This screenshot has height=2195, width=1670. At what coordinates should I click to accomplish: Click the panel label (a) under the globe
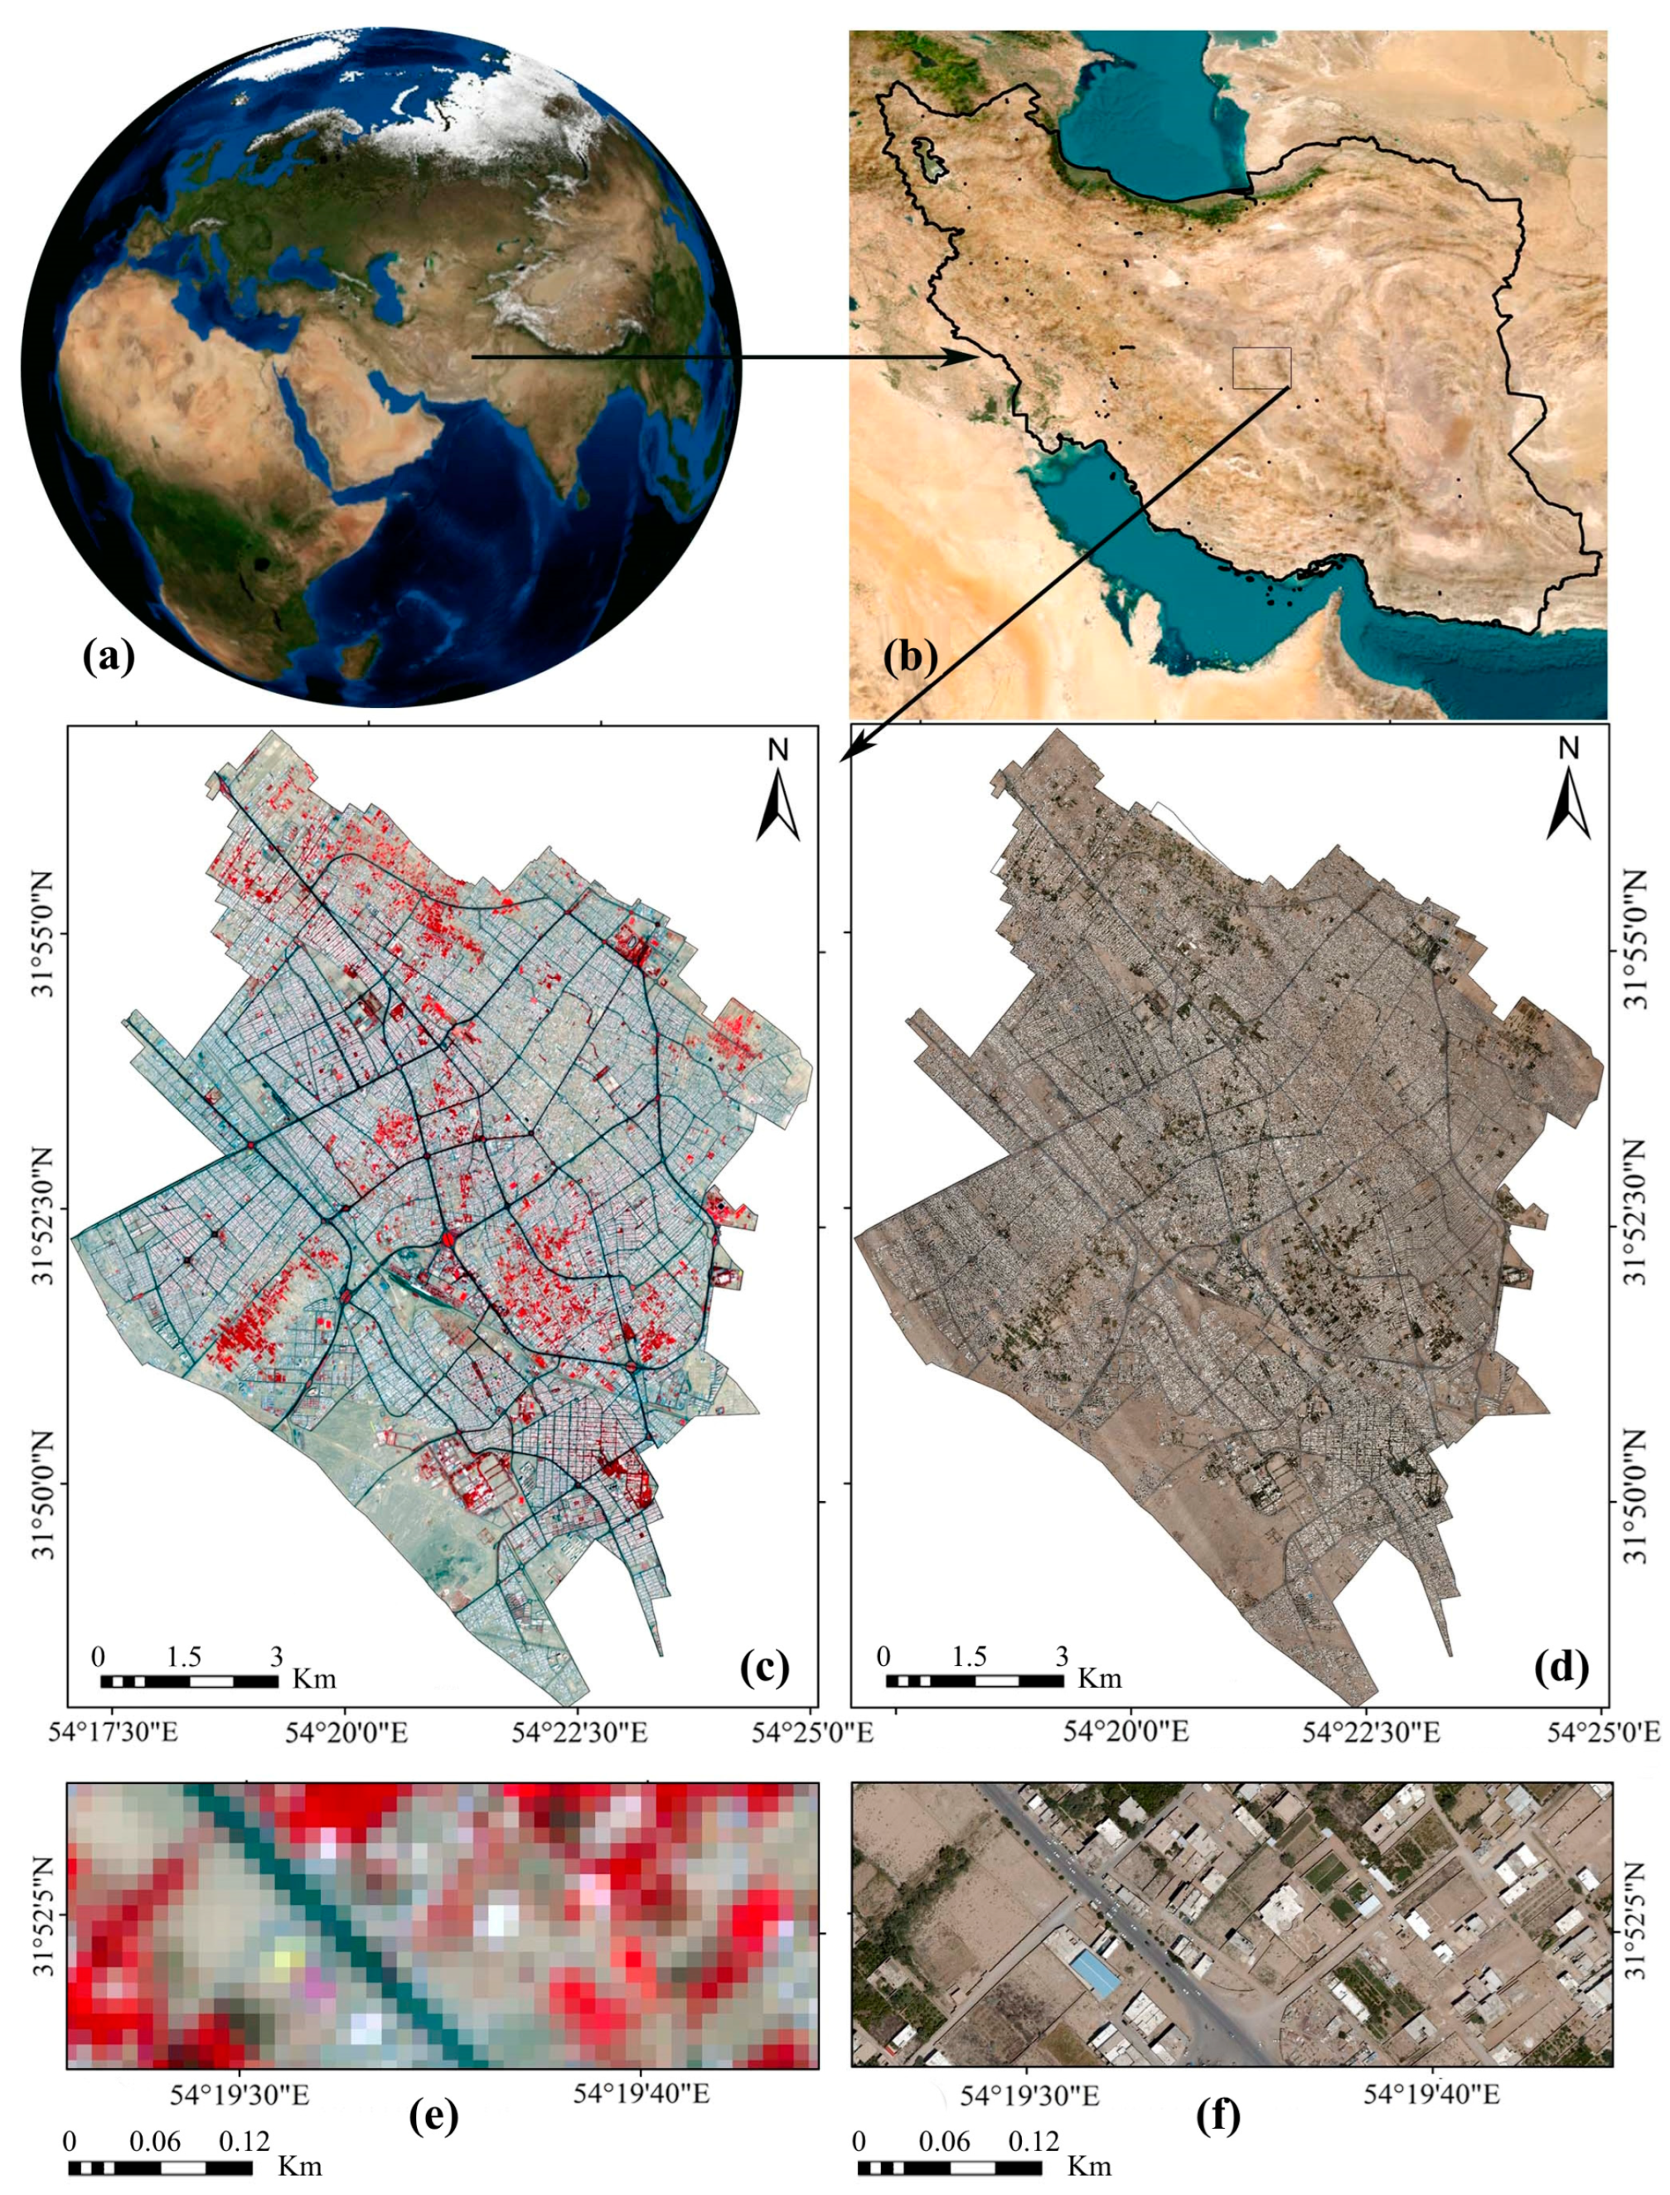point(109,657)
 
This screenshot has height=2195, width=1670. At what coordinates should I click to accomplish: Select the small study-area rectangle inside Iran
point(1261,367)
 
